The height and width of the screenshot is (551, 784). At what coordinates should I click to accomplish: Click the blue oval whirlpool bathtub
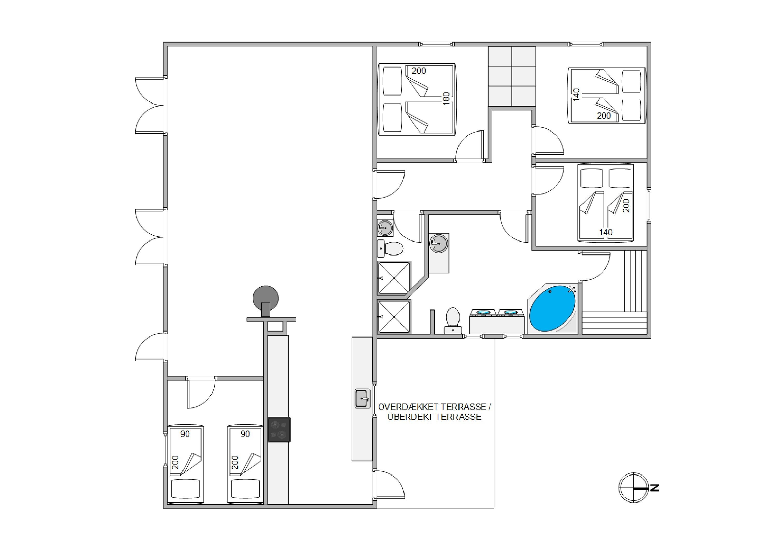[552, 308]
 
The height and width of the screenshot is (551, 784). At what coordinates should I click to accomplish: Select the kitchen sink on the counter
[362, 399]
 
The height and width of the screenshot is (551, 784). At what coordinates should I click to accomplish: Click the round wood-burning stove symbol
[265, 298]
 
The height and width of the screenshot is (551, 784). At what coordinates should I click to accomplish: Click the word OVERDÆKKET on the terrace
[408, 407]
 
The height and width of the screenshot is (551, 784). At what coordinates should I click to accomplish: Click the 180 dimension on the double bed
[446, 99]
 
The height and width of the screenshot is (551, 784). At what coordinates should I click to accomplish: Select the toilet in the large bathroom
[453, 320]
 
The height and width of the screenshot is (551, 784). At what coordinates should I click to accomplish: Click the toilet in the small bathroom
[390, 248]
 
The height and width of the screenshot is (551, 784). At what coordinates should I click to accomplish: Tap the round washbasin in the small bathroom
[385, 228]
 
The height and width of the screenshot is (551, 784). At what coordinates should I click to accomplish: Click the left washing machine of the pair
[483, 321]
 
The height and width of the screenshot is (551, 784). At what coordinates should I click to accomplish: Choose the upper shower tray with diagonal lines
[394, 278]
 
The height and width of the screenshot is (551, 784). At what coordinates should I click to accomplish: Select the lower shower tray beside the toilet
[394, 317]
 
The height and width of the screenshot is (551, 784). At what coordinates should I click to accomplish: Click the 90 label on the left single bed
[185, 434]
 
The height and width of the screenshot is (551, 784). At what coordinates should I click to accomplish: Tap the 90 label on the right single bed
[245, 434]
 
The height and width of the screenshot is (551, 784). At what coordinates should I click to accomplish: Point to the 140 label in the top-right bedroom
[576, 95]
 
